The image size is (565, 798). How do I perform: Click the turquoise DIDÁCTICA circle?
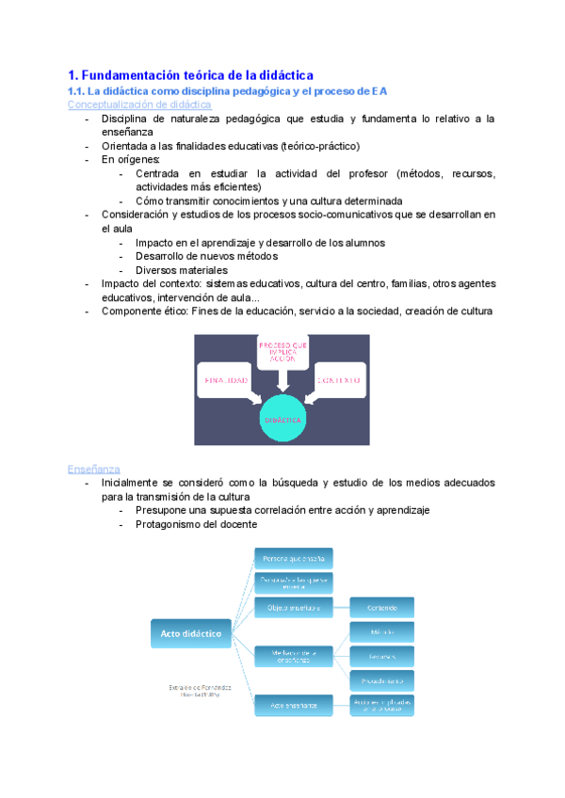282,419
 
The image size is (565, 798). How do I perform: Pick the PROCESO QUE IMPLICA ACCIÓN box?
282,353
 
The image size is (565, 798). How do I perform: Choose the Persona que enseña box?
294,558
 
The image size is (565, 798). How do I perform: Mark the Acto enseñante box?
294,704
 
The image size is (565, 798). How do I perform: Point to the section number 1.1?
76,90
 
